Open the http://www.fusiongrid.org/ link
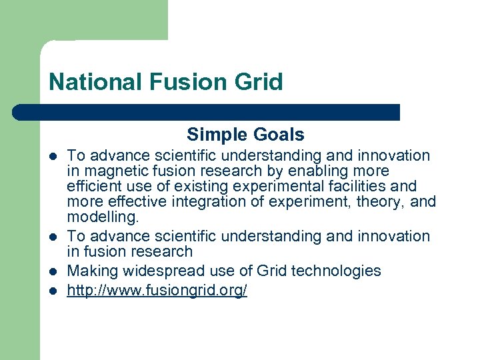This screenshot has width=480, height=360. (157, 291)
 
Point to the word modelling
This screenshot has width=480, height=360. (103, 217)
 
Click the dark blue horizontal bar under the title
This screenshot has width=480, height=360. (207, 112)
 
